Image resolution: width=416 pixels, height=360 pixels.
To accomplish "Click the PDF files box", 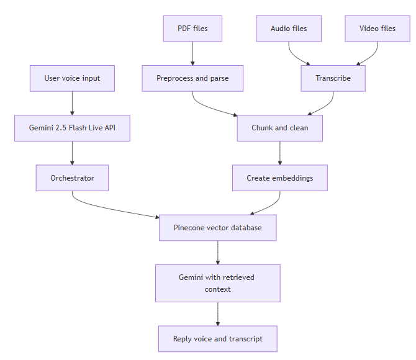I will click(192, 29).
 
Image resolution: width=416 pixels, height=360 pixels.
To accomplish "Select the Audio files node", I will click(289, 29).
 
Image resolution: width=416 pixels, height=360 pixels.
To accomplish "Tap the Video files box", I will click(378, 29).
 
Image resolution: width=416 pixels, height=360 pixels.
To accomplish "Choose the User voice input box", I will click(72, 78).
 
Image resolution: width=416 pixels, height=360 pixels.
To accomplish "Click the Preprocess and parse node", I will click(192, 78).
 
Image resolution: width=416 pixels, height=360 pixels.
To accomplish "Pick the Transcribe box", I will click(333, 78).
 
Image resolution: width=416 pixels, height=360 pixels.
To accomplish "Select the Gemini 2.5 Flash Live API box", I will click(72, 128).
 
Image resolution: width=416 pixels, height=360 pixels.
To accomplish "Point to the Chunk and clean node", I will click(279, 128).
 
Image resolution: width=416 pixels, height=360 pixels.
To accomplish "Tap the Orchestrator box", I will click(72, 178).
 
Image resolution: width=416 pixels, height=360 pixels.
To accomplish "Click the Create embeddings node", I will click(279, 178).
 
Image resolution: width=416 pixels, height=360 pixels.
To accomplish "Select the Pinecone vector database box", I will click(217, 228).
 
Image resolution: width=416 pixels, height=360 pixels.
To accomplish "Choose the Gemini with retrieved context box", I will click(217, 283).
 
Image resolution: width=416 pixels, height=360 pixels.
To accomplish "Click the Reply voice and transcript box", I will click(217, 339).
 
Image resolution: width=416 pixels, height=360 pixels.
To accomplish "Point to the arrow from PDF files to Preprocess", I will click(192, 53).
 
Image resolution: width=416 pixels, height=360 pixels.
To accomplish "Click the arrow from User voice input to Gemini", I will click(72, 103).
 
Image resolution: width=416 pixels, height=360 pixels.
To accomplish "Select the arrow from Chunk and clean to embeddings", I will click(279, 153).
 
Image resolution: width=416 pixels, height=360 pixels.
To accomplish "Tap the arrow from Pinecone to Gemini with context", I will click(217, 253).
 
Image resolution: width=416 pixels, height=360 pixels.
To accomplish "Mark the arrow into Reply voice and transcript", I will click(217, 314).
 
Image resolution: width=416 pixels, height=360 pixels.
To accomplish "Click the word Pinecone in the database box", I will click(189, 228).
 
